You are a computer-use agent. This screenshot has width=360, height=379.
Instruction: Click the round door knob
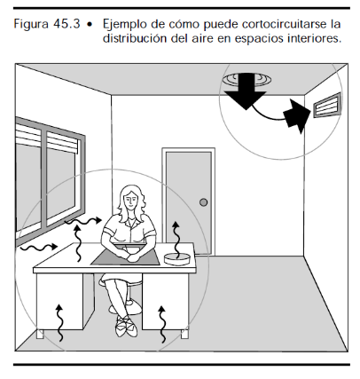[x=203, y=202]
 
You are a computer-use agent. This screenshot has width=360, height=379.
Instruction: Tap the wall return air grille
[x=327, y=105]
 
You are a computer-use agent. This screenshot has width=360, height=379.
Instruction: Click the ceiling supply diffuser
[x=247, y=79]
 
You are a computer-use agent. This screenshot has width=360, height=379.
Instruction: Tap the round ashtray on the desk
[x=177, y=259]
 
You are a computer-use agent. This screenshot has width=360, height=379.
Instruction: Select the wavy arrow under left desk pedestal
[x=60, y=322]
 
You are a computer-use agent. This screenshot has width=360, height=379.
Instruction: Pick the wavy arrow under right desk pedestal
[x=162, y=324]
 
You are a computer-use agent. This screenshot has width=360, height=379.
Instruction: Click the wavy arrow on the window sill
[x=39, y=247]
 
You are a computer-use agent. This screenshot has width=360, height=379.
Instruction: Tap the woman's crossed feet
[x=127, y=327]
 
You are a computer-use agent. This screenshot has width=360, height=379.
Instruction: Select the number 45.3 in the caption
[x=67, y=24]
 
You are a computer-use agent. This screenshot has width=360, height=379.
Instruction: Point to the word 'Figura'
[x=31, y=25]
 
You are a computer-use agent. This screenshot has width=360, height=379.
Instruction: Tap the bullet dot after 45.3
[x=90, y=25]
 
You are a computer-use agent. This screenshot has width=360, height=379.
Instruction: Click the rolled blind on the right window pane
[x=63, y=142]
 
